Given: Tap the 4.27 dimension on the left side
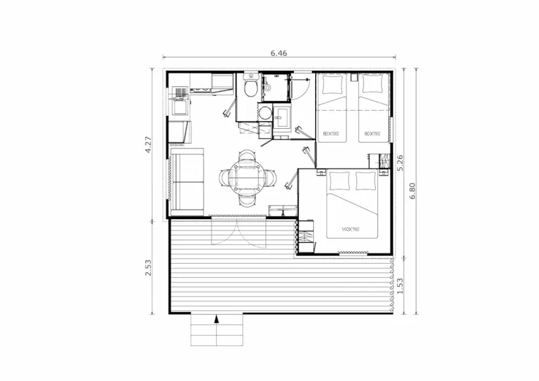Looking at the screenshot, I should pos(151,145).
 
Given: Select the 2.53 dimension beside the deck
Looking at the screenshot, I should pos(151,267).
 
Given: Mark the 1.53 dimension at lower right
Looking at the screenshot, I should pos(400,286).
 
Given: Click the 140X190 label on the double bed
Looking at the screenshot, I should pos(350,230).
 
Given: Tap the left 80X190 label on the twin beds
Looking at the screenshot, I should pos(330,134).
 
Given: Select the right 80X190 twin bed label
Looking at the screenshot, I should pos(372,134).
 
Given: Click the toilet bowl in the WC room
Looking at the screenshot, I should pos(249,88).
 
